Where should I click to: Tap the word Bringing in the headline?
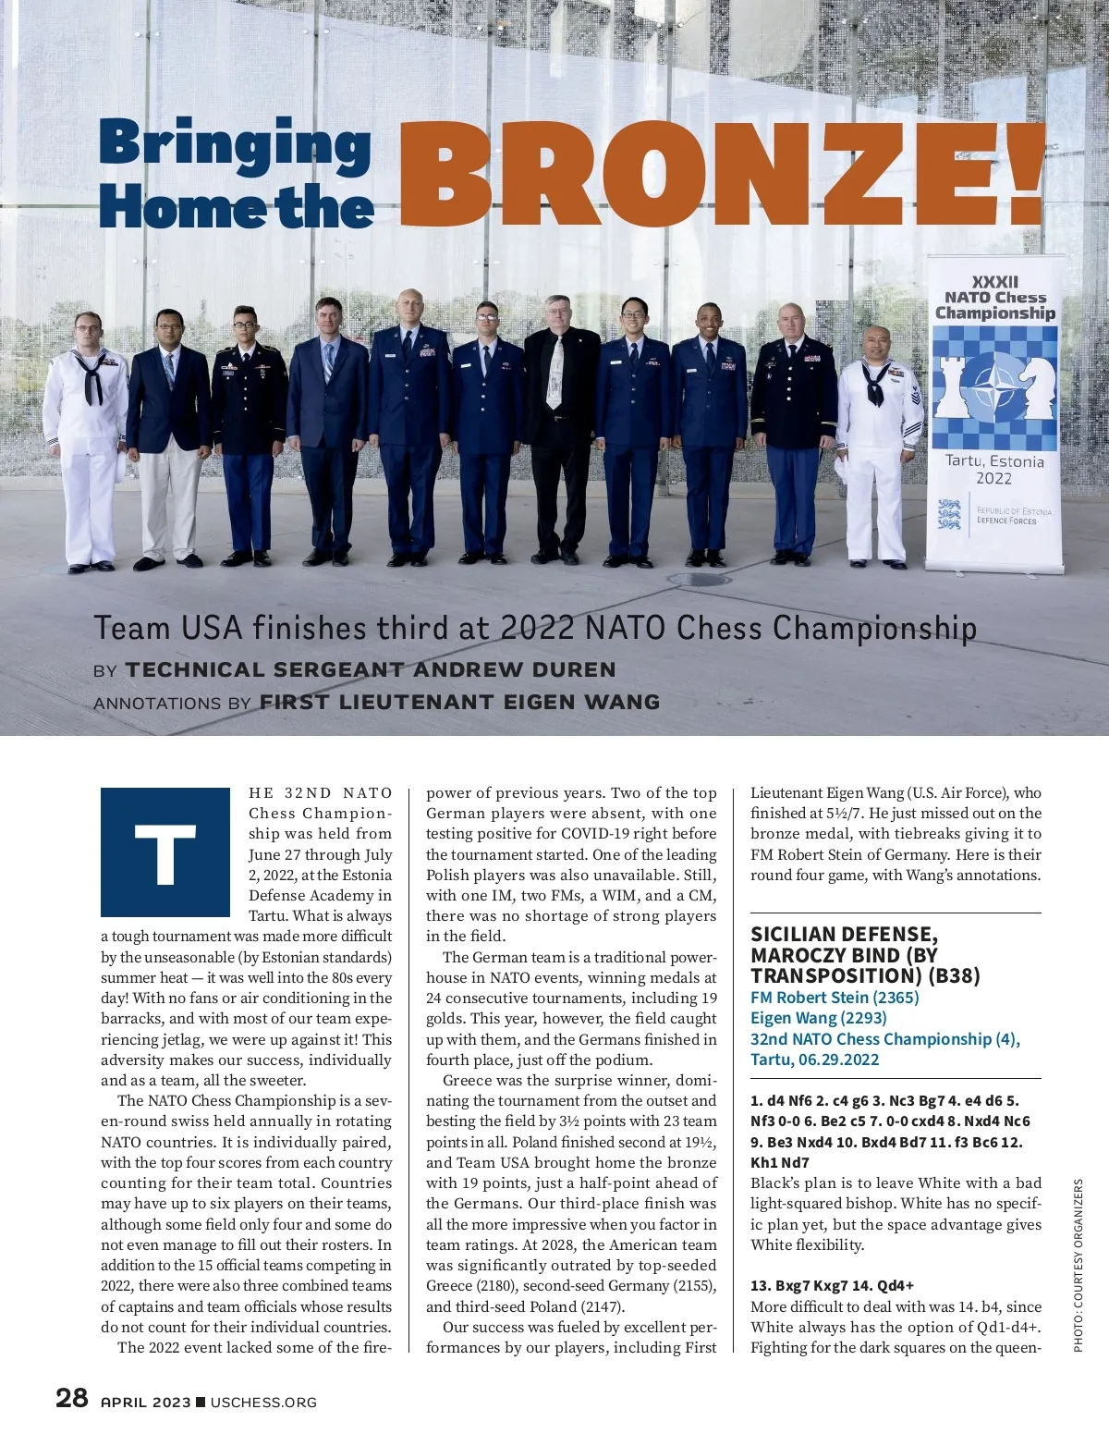tap(235, 146)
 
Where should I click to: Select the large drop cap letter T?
tap(165, 852)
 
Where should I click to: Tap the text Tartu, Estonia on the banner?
tap(994, 460)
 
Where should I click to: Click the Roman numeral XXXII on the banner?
tap(994, 281)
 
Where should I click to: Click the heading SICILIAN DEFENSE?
tap(844, 934)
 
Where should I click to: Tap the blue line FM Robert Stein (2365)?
tap(835, 997)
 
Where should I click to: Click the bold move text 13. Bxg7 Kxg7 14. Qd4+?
tap(831, 1285)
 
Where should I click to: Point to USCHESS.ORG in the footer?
tap(263, 1403)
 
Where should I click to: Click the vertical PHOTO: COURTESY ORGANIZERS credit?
tap(1078, 1266)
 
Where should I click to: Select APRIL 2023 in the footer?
tap(145, 1403)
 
